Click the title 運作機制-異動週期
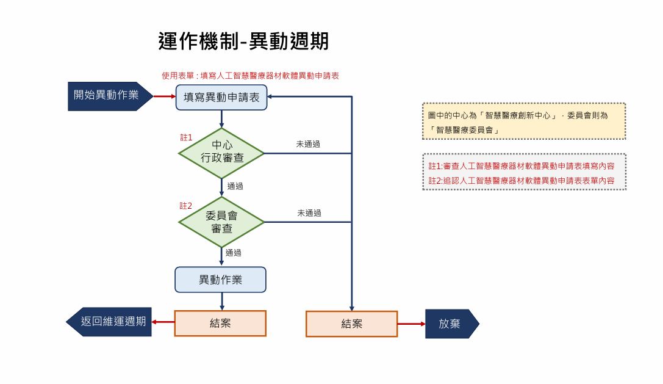point(243,41)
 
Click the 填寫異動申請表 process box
point(221,97)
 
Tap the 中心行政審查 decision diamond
point(221,153)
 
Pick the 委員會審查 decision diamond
point(221,222)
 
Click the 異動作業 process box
point(221,280)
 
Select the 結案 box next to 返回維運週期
point(220,324)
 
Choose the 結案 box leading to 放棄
point(351,324)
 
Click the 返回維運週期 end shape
point(110,322)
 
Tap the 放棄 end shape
point(451,324)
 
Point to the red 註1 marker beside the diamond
point(186,137)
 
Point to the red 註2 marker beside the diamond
point(186,206)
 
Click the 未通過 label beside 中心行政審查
point(308,145)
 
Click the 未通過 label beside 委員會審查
point(309,213)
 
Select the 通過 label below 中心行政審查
point(235,186)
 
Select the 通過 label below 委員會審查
point(234,252)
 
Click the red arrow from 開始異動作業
point(164,96)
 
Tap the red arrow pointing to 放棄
point(411,324)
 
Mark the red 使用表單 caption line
point(250,76)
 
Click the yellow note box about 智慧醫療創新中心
point(524,121)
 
